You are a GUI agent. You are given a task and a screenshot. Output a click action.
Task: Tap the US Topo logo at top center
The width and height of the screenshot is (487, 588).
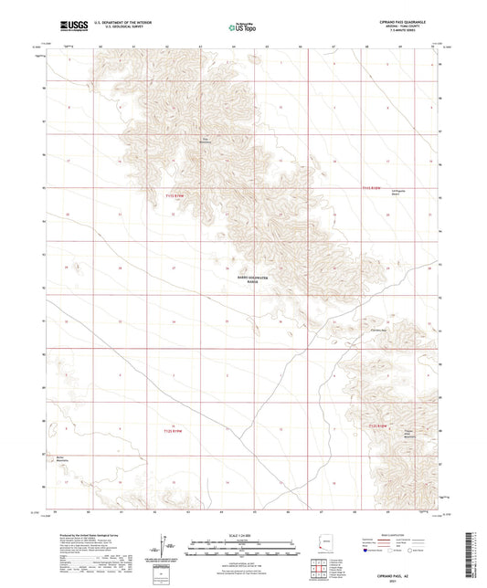241,28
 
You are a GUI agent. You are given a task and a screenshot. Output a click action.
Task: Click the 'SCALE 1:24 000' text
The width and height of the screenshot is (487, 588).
242,535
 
